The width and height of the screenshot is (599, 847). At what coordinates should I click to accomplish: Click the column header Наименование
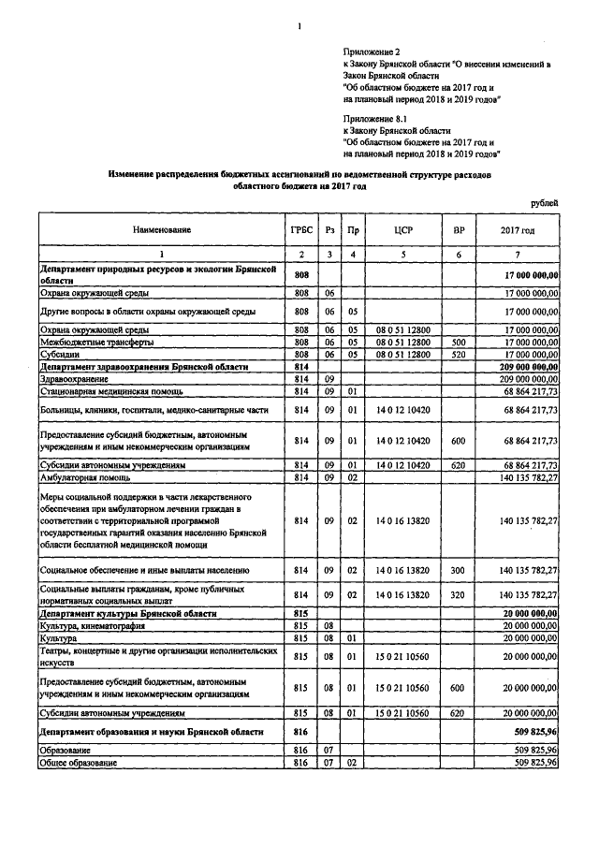[161, 229]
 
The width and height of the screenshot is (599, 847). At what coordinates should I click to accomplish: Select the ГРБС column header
[300, 229]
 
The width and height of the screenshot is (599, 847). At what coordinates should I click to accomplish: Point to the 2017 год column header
[518, 229]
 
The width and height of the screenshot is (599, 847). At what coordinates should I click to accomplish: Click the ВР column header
[459, 229]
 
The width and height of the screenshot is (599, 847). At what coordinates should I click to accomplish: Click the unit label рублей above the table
[544, 201]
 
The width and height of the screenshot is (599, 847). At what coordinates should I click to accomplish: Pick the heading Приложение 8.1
[372, 121]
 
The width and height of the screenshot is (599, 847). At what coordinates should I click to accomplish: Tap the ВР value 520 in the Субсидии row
[459, 355]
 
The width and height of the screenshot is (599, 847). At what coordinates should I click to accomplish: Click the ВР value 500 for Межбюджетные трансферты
[459, 343]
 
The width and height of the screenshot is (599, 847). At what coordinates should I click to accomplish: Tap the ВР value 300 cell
[459, 569]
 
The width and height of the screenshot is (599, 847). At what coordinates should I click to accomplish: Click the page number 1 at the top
[299, 25]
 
